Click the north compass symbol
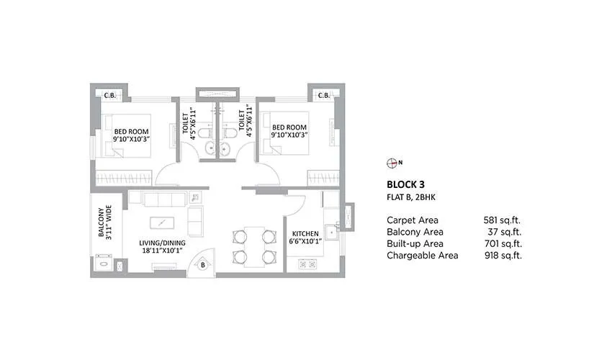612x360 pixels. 392,162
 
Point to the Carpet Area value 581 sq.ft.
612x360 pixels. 502,220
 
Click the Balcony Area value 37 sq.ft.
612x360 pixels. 505,232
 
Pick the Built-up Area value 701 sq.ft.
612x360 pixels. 502,243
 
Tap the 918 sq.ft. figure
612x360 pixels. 502,255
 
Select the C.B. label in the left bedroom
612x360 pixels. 110,95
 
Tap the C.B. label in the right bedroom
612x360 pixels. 323,95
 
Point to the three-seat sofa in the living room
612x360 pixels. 166,199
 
